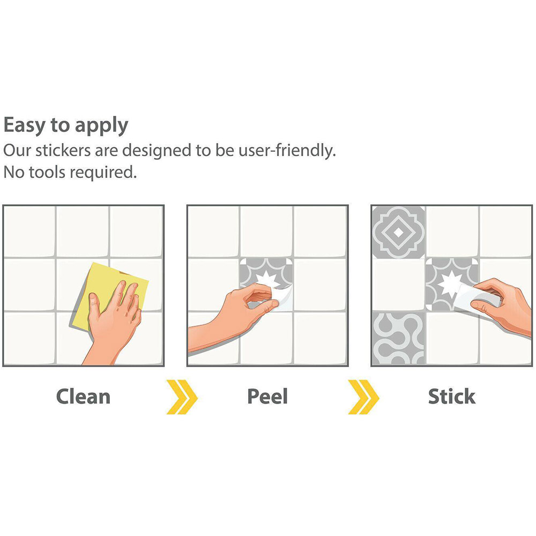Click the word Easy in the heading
(24, 125)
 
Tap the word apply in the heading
(101, 126)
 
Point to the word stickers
(63, 151)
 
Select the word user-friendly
(287, 151)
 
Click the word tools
(47, 172)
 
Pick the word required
(103, 173)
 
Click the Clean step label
(84, 397)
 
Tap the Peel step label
(267, 397)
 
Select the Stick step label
(451, 397)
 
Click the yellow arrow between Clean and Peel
(182, 397)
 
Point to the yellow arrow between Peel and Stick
(363, 397)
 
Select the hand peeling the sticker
(233, 315)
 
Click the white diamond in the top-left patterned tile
(399, 233)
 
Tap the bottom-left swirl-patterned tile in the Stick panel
(398, 338)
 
